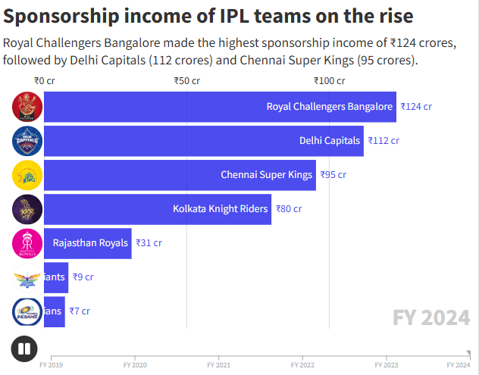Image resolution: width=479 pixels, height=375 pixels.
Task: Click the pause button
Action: click(24, 349)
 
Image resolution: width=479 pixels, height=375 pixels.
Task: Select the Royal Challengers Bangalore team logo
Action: click(27, 107)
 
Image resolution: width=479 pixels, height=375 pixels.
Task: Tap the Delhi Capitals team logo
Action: click(27, 141)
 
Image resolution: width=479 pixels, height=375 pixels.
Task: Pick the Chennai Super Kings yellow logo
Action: click(27, 175)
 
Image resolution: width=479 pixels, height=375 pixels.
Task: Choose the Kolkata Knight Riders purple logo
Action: click(27, 209)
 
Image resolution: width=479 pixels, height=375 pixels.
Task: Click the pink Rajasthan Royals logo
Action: click(27, 243)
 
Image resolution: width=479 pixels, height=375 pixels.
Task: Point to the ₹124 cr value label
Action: click(416, 107)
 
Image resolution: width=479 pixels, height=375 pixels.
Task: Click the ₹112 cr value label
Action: click(384, 141)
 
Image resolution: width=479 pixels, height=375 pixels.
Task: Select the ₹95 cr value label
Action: click(333, 175)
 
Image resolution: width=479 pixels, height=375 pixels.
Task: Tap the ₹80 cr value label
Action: click(288, 209)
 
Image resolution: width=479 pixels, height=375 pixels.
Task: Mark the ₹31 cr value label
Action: click(149, 243)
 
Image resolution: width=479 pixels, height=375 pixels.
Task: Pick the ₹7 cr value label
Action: click(80, 311)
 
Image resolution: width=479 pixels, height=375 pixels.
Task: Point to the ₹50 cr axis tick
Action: click(186, 80)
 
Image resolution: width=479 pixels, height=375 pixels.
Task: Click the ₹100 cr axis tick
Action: click(330, 80)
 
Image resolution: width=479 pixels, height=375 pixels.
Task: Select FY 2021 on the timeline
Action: click(218, 364)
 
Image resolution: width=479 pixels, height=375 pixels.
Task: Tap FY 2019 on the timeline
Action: click(51, 364)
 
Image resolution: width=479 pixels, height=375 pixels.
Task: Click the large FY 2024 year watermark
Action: click(430, 318)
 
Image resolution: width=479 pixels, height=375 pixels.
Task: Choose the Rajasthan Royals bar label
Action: click(90, 243)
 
